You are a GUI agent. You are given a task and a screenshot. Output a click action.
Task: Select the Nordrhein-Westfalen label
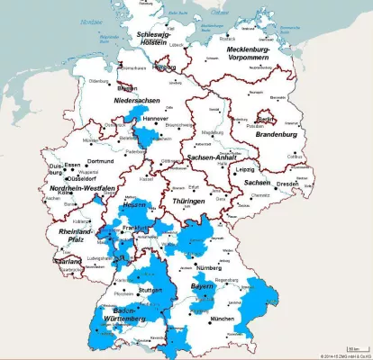77,187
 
